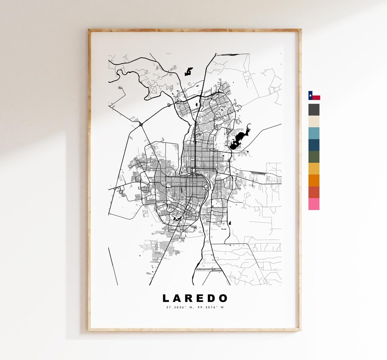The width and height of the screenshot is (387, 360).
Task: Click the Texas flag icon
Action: pos(314,95)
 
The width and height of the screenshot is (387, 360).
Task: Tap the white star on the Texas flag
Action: pos(310,95)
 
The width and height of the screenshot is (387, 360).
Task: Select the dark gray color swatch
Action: pos(314,110)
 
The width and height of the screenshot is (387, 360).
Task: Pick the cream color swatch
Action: pos(314,122)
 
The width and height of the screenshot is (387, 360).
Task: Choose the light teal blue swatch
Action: pos(314,133)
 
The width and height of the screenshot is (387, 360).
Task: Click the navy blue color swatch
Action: pos(314,145)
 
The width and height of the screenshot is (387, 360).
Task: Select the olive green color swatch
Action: pos(314,157)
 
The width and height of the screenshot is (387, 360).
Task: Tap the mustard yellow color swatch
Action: pos(314,169)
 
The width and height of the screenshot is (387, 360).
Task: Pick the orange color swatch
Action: pos(314,180)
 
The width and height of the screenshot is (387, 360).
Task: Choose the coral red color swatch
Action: pos(314,192)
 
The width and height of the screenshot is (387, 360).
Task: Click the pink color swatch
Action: pos(314,204)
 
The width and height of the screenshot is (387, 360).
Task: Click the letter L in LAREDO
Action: pos(166,298)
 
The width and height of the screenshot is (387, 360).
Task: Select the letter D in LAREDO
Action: pos(212,298)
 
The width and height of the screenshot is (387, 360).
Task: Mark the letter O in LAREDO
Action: pos(224,298)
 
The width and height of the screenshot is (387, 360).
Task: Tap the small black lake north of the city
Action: pos(188,72)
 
